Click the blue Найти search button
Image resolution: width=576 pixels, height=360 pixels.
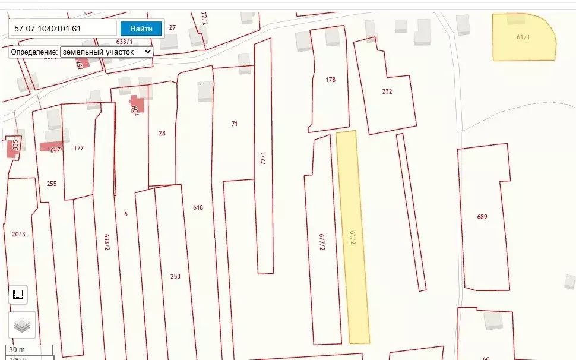click(141, 28)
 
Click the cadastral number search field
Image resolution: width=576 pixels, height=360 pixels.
click(64, 28)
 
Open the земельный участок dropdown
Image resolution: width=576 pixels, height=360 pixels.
click(106, 52)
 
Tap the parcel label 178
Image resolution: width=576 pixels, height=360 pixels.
click(331, 80)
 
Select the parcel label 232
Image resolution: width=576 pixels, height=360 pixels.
click(387, 91)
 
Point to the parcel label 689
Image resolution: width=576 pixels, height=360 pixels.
click(482, 217)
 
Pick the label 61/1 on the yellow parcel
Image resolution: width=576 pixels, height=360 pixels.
click(523, 37)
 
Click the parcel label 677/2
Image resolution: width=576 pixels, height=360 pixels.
click(322, 242)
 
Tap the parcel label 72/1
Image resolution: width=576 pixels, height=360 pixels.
click(263, 159)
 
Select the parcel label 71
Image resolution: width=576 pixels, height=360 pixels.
click(235, 124)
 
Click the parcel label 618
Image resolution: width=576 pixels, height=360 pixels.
click(198, 207)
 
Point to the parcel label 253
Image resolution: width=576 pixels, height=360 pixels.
click(175, 276)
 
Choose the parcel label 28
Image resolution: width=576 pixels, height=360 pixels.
click(162, 133)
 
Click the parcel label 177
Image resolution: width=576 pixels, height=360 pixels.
click(78, 149)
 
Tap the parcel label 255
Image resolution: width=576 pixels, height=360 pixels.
click(52, 184)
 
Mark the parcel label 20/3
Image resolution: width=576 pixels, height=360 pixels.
click(18, 234)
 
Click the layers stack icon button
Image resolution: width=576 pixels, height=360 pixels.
click(22, 325)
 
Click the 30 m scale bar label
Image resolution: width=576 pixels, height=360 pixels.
click(18, 350)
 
